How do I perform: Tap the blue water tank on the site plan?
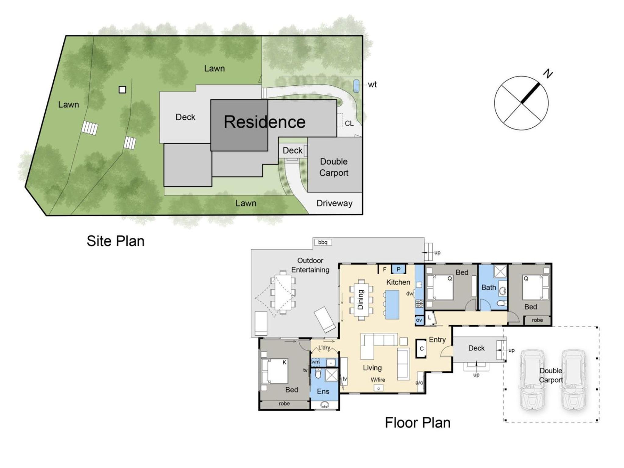click(356, 86)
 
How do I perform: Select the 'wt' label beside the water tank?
click(372, 84)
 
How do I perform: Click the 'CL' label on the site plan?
click(349, 123)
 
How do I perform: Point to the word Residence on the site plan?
click(264, 122)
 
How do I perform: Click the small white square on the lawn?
click(122, 90)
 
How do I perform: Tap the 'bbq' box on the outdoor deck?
click(323, 242)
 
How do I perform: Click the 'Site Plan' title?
click(115, 241)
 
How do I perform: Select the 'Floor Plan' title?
click(417, 423)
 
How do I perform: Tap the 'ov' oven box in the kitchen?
click(419, 320)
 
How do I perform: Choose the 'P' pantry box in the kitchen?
click(398, 269)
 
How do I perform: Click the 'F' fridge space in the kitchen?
click(385, 269)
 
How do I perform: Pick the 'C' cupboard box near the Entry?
click(421, 349)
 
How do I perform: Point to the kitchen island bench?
click(392, 304)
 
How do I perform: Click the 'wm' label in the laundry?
click(315, 362)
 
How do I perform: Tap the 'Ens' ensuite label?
click(323, 392)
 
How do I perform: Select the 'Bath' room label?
click(489, 287)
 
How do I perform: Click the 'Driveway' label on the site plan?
click(335, 203)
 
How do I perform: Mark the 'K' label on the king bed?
click(285, 362)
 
